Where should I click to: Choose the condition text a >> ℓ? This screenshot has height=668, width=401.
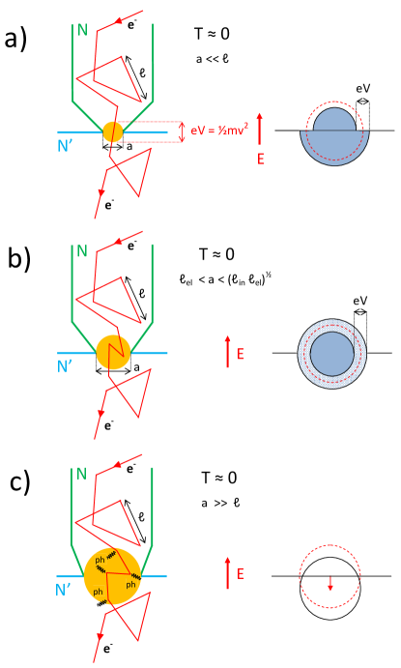click(216, 503)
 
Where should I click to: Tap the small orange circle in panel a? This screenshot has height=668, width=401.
click(112, 131)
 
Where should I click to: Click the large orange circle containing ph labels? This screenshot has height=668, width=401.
click(112, 576)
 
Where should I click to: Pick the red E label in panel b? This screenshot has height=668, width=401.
click(240, 355)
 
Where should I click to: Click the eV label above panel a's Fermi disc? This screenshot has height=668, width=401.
click(362, 88)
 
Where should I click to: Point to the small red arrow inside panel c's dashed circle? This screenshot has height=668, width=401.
click(330, 583)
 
